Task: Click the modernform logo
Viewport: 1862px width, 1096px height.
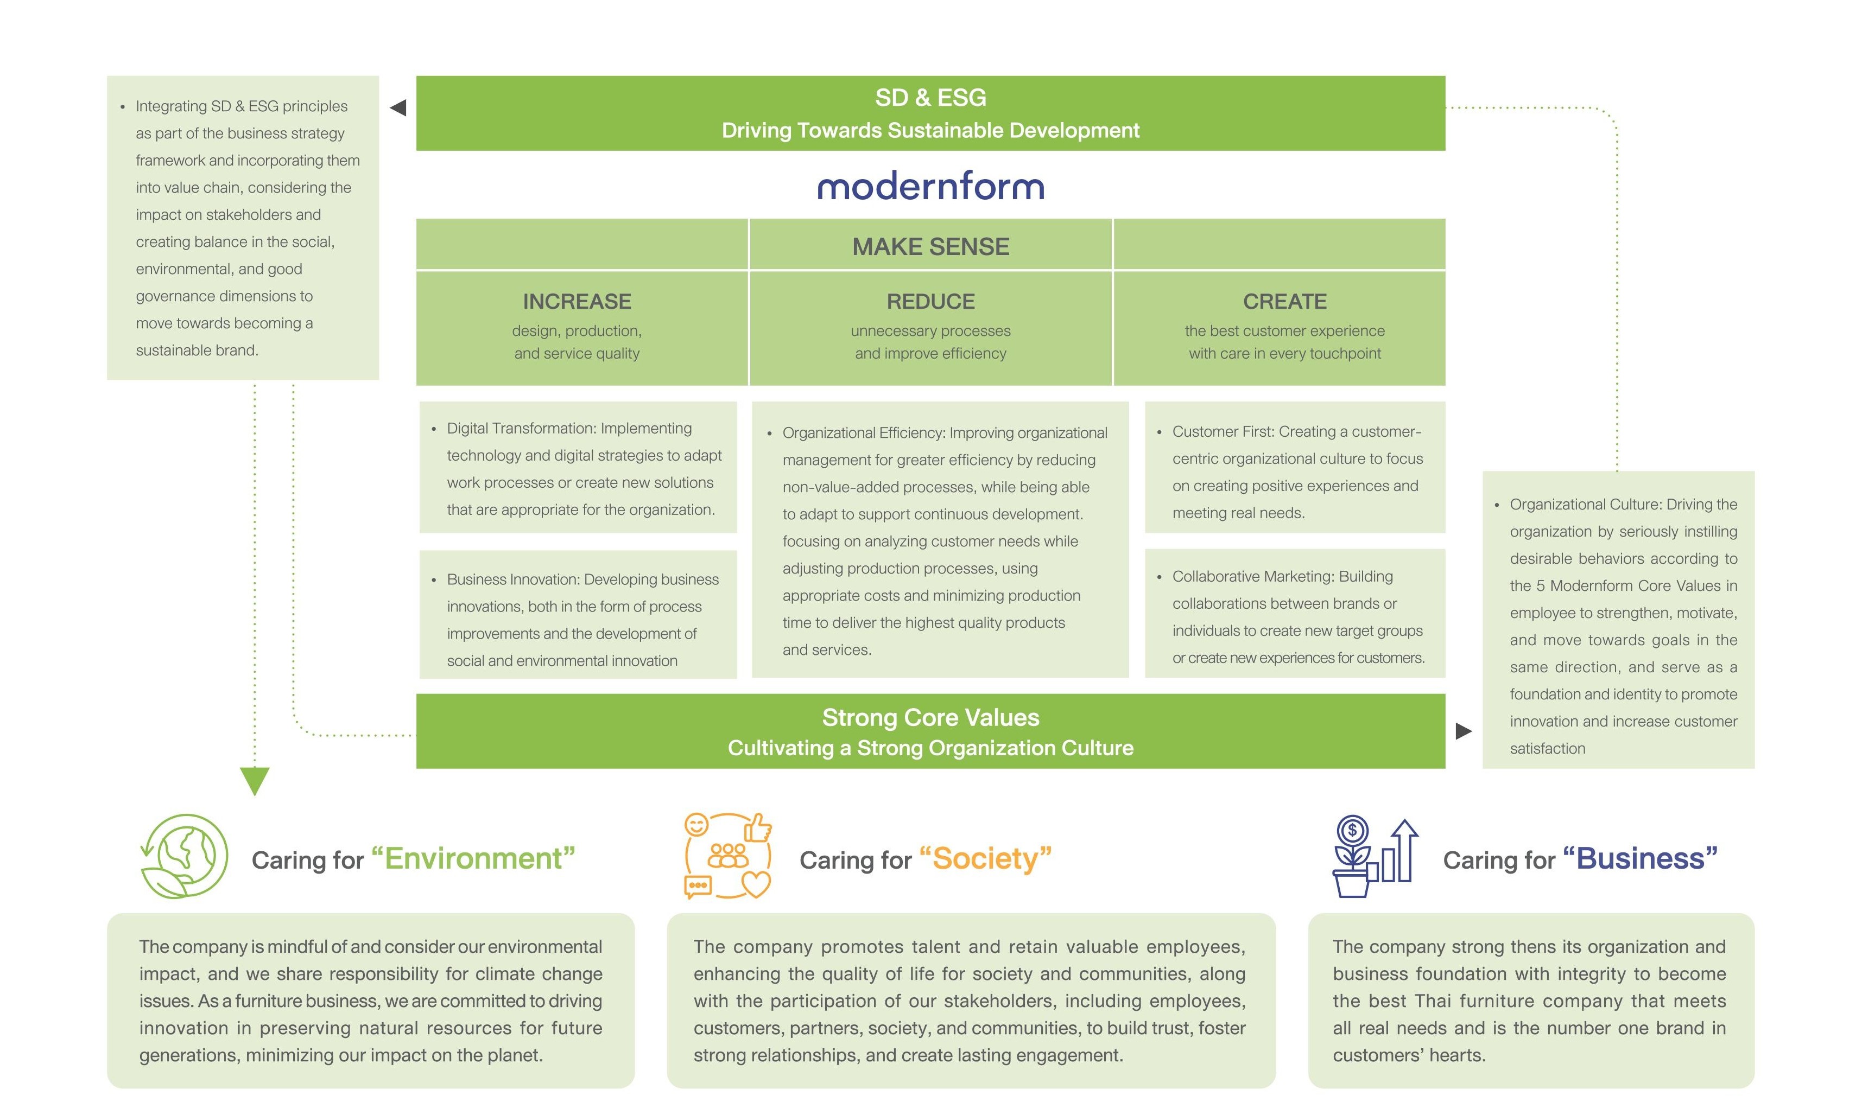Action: click(x=930, y=186)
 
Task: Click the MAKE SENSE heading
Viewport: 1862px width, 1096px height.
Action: click(x=930, y=247)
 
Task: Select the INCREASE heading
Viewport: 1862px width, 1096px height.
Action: click(x=577, y=301)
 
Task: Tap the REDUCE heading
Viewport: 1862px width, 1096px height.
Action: click(x=930, y=301)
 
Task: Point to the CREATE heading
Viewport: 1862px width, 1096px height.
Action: click(x=1284, y=301)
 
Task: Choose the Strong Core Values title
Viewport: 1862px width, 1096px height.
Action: click(x=930, y=717)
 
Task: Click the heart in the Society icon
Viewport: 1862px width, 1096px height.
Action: click(x=755, y=883)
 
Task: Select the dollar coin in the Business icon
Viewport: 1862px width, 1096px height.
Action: click(x=1352, y=830)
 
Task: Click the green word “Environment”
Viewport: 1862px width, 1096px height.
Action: click(x=473, y=859)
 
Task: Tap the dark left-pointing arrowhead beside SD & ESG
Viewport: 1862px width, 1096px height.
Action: click(x=398, y=108)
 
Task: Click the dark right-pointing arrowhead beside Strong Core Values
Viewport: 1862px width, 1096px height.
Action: click(x=1463, y=731)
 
